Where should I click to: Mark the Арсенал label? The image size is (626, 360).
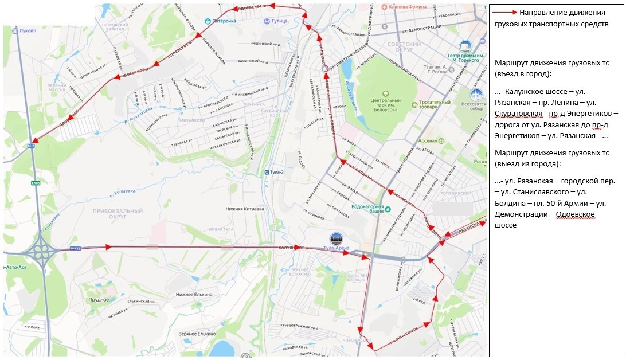[427, 140]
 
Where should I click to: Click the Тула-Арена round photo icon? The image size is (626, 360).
[337, 239]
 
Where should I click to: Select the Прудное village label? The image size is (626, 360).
[99, 300]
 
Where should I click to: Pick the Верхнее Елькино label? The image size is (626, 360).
[197, 334]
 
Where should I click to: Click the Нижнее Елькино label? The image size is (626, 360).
[194, 294]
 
